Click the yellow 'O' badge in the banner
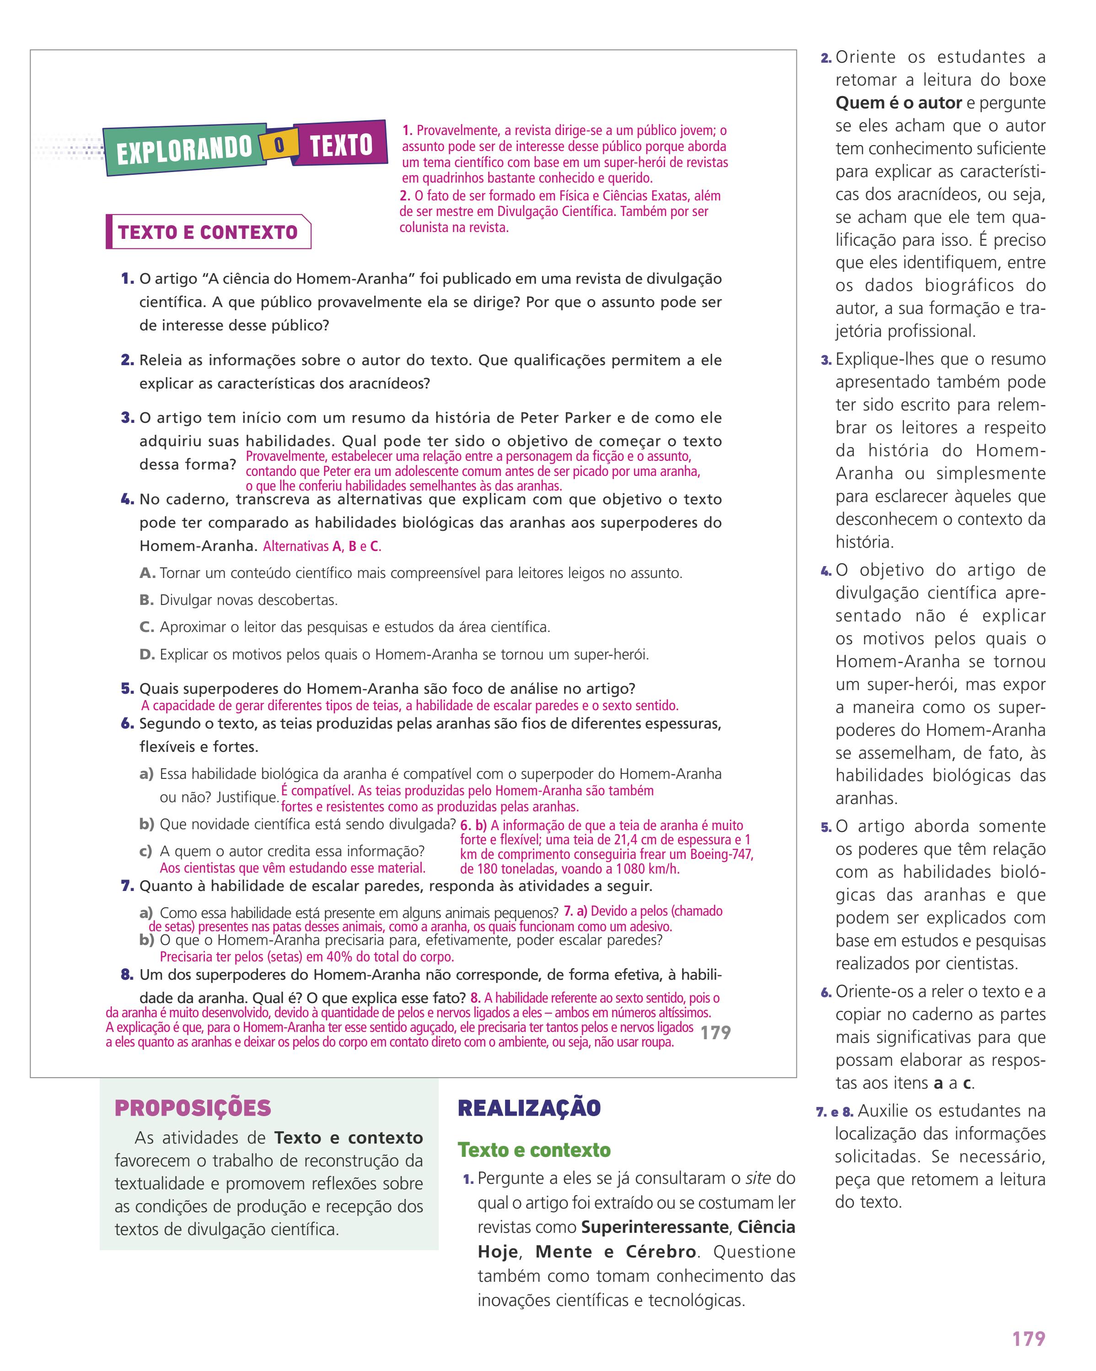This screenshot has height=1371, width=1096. [279, 146]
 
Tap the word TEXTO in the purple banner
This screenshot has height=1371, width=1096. [341, 145]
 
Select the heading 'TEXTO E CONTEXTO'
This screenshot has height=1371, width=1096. [208, 232]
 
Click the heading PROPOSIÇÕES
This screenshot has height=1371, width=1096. [193, 1108]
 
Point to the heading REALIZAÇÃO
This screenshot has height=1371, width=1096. [529, 1108]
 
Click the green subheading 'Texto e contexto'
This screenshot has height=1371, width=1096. [534, 1150]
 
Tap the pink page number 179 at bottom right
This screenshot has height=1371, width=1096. [1028, 1339]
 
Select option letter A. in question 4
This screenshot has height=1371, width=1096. [147, 573]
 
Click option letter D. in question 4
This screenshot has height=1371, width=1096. [147, 654]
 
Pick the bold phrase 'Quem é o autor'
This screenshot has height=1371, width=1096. [898, 103]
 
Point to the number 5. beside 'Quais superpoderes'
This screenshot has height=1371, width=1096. [127, 689]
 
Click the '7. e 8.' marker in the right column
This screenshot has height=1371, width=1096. [835, 1112]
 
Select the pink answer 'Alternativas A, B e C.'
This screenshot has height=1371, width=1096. [322, 546]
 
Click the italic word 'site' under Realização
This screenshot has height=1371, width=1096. [758, 1178]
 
